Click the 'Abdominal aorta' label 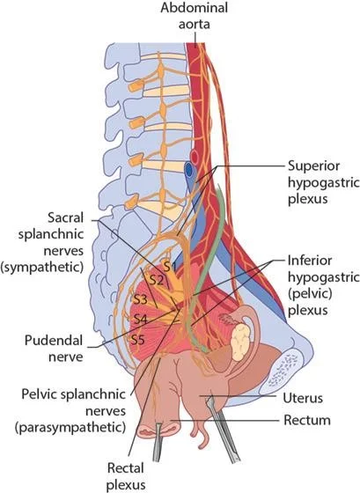coord(194,16)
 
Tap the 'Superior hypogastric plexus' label coord(324,182)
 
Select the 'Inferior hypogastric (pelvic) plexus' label coord(324,285)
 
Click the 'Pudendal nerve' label coord(54,349)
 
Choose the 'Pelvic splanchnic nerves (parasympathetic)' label coord(73,410)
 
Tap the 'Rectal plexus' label coord(126,476)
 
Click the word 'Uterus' coord(303,398)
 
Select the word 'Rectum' coord(307,421)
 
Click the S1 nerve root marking coord(169,267)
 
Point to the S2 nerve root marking coord(157,280)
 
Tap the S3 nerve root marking coord(140,299)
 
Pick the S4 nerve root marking coord(140,320)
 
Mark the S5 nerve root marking coord(137,340)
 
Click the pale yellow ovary coord(240,342)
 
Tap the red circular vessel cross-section coord(195,156)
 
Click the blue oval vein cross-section coord(188,171)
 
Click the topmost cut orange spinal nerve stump coord(136,86)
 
